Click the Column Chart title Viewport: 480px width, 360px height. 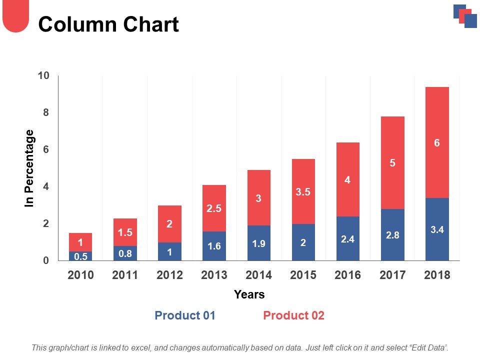coord(108,24)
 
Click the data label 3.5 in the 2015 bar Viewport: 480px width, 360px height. coord(303,191)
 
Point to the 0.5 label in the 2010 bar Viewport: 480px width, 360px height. coord(80,256)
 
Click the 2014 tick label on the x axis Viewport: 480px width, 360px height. coord(258,275)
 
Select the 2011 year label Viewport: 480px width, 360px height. coord(125,275)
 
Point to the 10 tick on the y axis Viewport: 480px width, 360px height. coord(43,75)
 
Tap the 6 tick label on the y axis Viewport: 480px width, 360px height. coord(45,149)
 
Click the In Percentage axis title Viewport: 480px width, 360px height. coord(30,168)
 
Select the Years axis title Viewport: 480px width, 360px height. coord(249,294)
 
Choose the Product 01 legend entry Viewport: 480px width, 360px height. coord(185,315)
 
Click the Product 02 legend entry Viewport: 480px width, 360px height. coord(293,315)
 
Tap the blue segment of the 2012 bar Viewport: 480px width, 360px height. coord(169,252)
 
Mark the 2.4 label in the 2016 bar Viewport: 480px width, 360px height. coord(347,239)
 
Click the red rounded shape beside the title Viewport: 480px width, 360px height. coord(16,16)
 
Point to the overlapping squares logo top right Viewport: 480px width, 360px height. coord(465,16)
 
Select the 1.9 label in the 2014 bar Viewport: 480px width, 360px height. coord(258,244)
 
